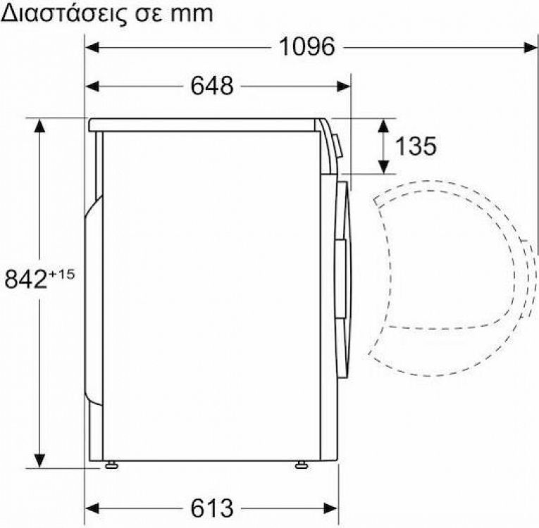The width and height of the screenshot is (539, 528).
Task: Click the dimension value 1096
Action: (x=306, y=47)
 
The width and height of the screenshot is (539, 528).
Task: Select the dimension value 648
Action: (x=211, y=86)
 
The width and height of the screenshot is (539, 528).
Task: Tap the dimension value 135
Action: (x=415, y=146)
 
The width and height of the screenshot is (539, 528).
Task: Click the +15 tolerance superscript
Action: (x=62, y=272)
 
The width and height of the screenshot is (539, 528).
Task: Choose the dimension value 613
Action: (x=211, y=507)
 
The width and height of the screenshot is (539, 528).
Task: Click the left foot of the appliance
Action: (x=111, y=465)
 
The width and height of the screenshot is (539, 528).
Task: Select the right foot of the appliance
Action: (x=302, y=465)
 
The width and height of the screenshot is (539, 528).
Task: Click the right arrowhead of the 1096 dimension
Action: (x=532, y=47)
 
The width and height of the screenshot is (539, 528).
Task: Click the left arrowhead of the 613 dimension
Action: (x=92, y=507)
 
